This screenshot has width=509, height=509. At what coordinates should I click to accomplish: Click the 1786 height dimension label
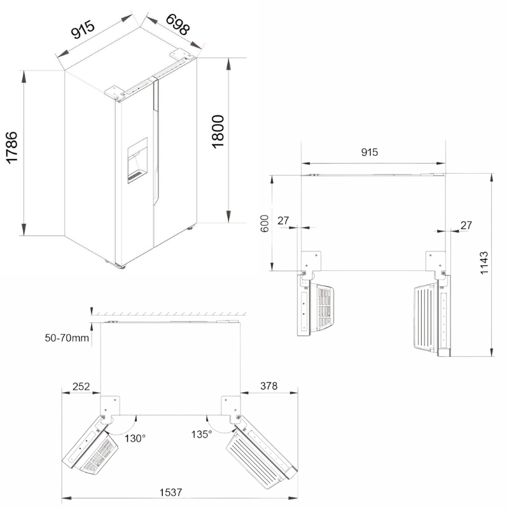pos(12,147)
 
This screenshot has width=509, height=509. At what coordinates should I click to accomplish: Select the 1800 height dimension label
pos(218,132)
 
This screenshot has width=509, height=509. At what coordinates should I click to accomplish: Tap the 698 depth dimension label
pos(178,25)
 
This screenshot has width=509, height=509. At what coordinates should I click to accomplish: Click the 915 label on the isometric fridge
pos(83,29)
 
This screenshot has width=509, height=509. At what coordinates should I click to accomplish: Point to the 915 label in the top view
pos(370,152)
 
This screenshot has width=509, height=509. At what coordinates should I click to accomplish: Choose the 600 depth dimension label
pos(265,223)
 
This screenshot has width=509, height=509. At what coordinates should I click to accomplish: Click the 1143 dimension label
pos(484,263)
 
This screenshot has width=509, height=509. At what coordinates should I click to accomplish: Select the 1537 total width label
pos(171,492)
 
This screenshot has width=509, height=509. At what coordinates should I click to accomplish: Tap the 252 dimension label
pos(81,386)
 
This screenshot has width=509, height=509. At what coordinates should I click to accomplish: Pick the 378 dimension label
pos(268,386)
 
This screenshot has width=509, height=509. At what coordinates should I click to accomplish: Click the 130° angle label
pos(135,438)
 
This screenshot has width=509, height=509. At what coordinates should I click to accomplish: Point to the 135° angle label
pos(202,434)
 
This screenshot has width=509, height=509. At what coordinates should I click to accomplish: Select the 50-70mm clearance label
pos(67,338)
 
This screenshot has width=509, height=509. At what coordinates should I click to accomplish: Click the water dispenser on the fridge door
pos(137,160)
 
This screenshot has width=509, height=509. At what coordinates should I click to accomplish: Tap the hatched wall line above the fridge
pos(169,314)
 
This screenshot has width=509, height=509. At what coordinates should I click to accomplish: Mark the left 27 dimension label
pos(283,220)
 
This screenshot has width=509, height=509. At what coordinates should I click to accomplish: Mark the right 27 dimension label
pos(466,225)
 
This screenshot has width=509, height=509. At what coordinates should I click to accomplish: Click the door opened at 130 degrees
pos(90,445)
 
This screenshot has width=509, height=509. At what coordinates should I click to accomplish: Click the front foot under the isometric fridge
pos(122,267)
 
